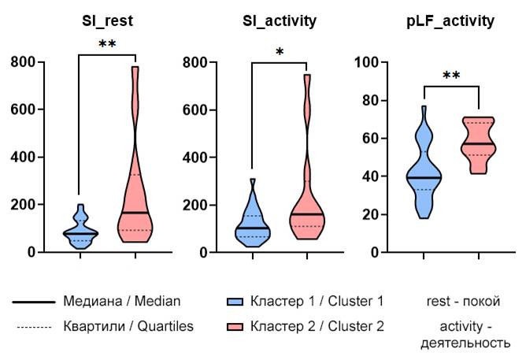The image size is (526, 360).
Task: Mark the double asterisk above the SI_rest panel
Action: [108, 45]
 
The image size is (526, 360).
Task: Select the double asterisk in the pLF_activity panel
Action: [452, 76]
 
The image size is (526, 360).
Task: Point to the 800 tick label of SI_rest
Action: [24, 62]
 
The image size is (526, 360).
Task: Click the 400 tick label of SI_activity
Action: [197, 158]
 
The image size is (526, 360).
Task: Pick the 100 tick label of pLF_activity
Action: [369, 62]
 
